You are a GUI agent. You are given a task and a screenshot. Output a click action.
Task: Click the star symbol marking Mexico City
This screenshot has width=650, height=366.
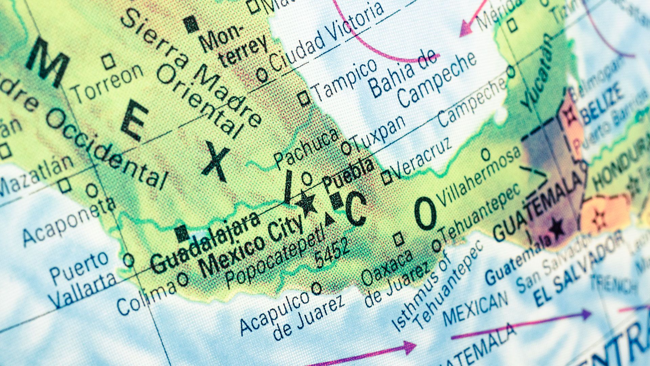(x=307, y=203)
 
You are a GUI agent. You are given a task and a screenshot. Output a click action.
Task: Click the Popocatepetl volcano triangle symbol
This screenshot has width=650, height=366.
(x=329, y=220)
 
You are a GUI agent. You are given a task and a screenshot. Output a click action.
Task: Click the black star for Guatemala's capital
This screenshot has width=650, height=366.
(x=557, y=227)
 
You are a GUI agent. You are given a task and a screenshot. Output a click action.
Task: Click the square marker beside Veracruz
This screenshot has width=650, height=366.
(x=387, y=178)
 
